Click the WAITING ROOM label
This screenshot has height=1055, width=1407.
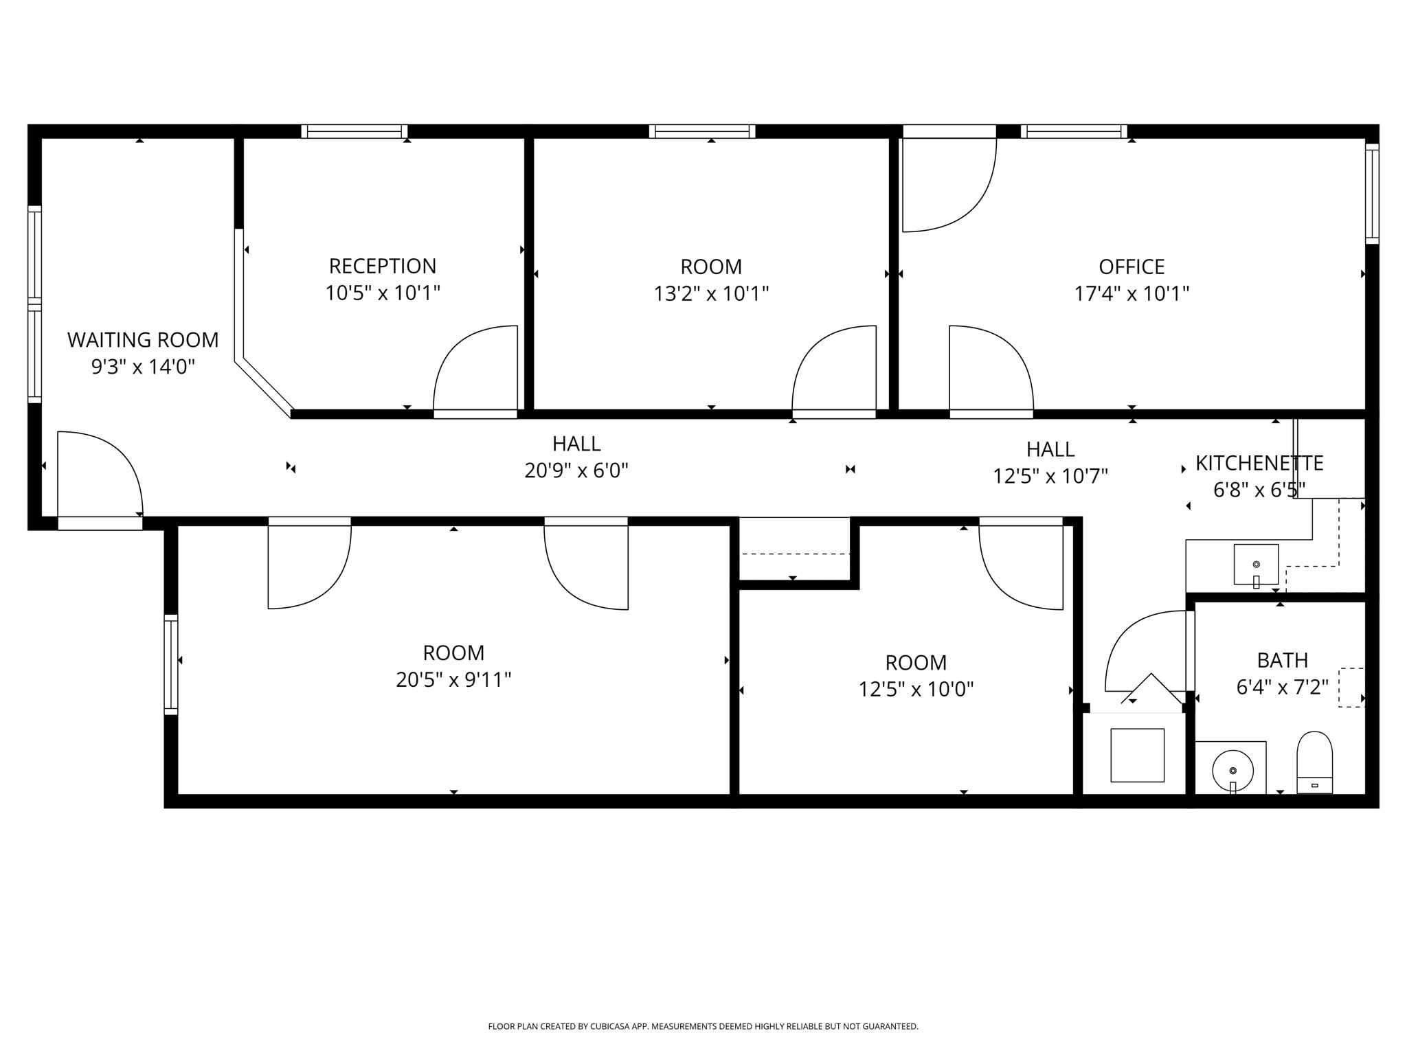click(143, 340)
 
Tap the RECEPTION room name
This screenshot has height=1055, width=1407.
click(382, 266)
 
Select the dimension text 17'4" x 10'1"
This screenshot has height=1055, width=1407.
click(1132, 294)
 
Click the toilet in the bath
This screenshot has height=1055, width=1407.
click(1314, 763)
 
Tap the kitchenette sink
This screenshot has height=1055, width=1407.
click(1256, 565)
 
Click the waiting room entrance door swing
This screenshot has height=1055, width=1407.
click(100, 474)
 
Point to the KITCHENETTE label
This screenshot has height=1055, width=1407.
click(1259, 464)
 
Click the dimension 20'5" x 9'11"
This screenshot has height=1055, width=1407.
click(453, 680)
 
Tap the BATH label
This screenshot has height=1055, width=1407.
click(1282, 660)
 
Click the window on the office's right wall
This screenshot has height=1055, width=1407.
click(1371, 194)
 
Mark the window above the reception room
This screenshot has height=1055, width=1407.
click(354, 131)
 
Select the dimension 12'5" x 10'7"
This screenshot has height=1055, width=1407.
click(1050, 476)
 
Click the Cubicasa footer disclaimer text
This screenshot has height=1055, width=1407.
click(703, 1026)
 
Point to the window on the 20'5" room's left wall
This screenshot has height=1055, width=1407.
click(170, 664)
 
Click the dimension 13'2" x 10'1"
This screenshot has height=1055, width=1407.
click(711, 294)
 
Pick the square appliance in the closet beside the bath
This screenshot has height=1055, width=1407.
click(1137, 755)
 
